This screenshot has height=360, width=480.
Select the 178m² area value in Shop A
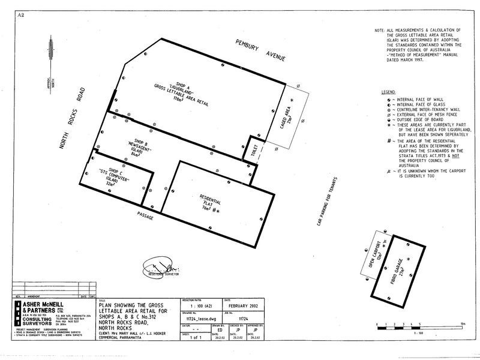pyautogui.click(x=178, y=100)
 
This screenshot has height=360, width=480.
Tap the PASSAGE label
pyautogui.click(x=146, y=215)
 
